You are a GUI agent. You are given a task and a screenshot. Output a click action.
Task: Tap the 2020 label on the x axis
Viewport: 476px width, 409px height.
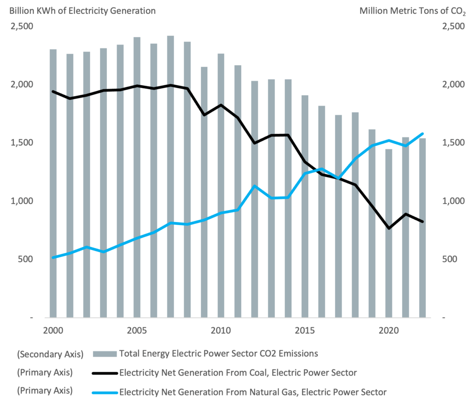coord(389,330)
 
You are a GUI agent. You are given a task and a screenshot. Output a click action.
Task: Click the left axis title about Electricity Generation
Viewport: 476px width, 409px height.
coord(83,10)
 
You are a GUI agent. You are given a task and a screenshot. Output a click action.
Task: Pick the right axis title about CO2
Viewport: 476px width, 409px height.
coord(412,11)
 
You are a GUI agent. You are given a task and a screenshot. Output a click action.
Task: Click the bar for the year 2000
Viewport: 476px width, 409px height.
coord(53,186)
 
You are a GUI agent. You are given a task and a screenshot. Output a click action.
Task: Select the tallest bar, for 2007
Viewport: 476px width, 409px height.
coord(171,177)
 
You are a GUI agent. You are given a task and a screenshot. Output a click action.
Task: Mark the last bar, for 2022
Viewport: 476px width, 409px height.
coord(422,228)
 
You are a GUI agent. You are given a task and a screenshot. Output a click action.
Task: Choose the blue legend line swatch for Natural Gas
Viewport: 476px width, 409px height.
coord(105,392)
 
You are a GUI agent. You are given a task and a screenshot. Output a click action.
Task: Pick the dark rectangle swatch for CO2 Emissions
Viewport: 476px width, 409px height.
coord(105,354)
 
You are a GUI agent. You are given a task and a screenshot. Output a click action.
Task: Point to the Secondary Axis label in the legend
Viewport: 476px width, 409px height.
coord(50,354)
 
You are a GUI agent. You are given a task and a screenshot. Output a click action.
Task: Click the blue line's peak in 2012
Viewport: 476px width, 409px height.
coord(254,186)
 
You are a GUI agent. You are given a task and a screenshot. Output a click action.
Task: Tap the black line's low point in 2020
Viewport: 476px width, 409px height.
coord(389,228)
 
